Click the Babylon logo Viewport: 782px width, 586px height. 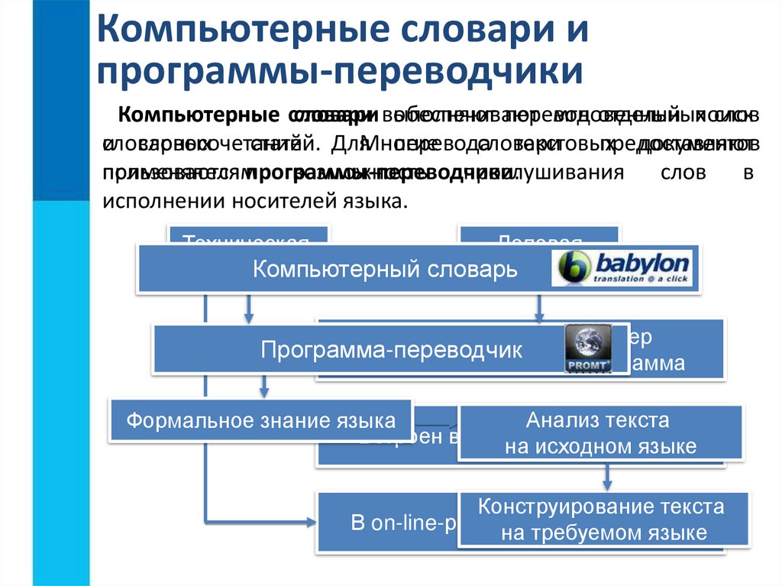[623, 268]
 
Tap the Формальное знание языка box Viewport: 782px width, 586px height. [261, 420]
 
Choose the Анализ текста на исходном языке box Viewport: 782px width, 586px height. [599, 432]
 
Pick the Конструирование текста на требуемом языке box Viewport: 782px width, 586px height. [601, 520]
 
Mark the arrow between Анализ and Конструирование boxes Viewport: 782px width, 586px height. [607, 475]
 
